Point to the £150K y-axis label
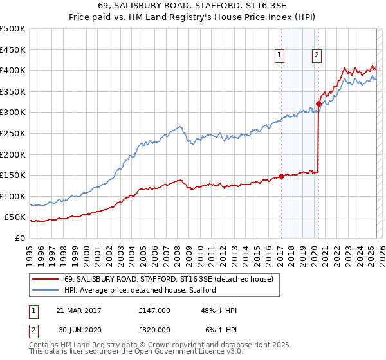coord(13,175)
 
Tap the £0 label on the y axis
coord(19,238)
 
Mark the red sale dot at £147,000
coord(281,177)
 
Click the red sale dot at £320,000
coord(318,104)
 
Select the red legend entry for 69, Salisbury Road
coord(169,279)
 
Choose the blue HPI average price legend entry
coord(140,290)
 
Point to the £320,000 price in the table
coord(154,329)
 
